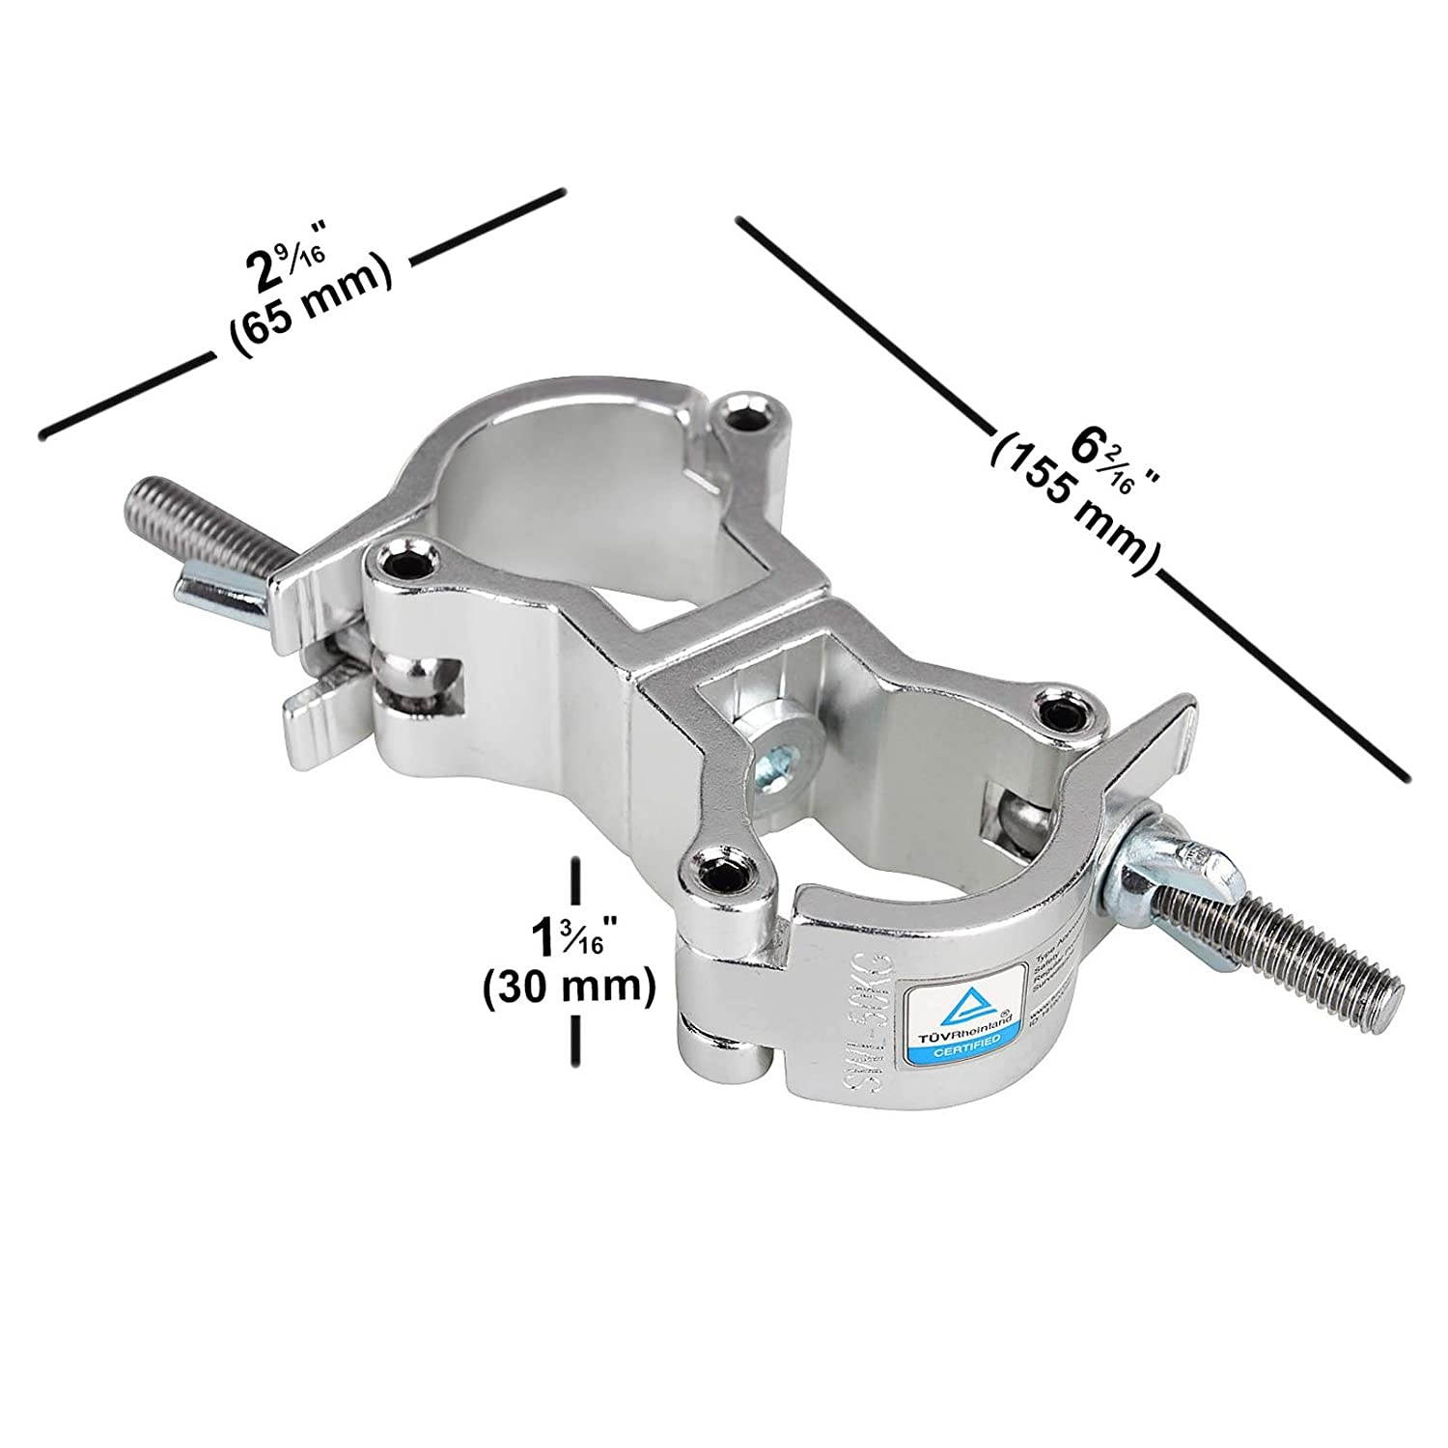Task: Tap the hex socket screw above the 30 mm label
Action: point(721,877)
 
